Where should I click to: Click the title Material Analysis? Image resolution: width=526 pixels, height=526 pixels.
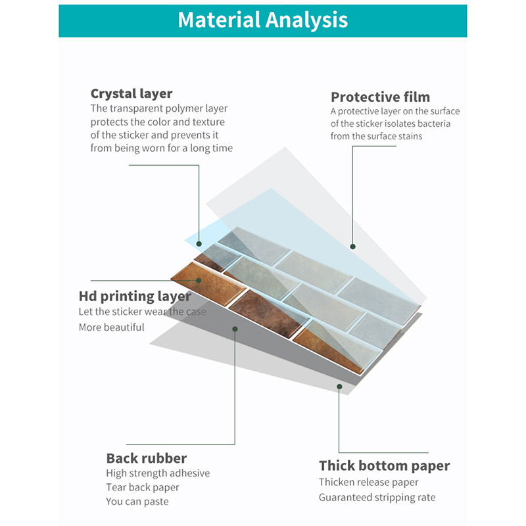(262, 20)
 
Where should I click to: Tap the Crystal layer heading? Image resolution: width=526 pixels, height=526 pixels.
(131, 94)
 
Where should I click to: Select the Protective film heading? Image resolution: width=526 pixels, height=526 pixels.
(380, 97)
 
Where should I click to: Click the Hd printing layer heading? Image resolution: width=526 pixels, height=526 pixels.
(135, 297)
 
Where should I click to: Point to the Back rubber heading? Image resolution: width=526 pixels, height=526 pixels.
(147, 458)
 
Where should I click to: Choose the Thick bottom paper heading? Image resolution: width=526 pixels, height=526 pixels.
(384, 466)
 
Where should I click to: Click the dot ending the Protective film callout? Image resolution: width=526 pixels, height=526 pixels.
(352, 247)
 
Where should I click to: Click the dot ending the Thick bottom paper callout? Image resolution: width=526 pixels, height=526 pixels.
(339, 387)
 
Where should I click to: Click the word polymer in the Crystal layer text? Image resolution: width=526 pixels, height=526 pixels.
(174, 108)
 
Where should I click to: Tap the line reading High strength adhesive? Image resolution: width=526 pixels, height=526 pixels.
(158, 473)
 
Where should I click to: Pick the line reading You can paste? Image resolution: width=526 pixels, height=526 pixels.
(137, 502)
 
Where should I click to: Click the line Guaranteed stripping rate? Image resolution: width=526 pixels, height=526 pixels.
(377, 497)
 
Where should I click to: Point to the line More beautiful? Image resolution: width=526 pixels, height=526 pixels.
(111, 327)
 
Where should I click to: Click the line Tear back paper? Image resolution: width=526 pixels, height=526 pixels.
(142, 487)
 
